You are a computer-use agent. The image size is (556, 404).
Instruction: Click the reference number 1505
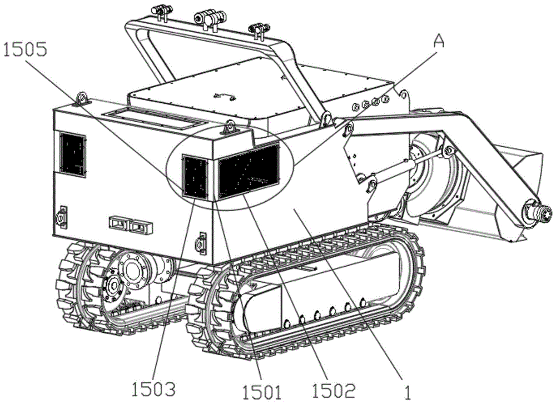25,49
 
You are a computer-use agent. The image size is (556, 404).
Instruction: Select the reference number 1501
261,392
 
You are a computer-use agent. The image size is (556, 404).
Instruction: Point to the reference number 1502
333,390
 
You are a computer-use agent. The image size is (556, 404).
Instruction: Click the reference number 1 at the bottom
408,392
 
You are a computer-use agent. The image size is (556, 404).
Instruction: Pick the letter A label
439,42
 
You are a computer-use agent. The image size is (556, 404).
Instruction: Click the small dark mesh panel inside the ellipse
195,176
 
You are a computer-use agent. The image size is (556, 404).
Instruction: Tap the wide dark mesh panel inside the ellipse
249,171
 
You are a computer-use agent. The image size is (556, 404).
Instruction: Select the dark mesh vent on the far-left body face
73,154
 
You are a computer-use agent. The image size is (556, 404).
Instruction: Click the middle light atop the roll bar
210,17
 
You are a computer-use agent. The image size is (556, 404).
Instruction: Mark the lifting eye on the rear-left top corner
82,98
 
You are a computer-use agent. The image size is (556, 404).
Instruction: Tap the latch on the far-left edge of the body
62,216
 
